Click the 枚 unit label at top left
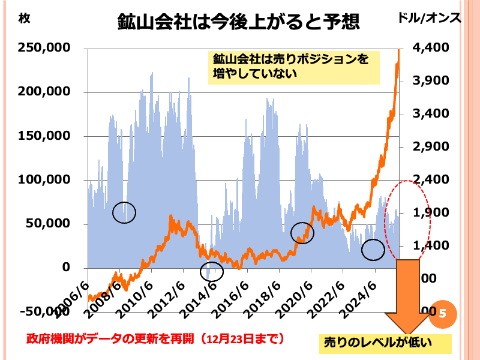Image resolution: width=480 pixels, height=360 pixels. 24,18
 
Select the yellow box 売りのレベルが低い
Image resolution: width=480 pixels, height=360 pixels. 386,343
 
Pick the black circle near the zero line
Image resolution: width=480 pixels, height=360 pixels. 211,271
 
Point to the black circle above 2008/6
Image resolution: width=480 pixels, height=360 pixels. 124,211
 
